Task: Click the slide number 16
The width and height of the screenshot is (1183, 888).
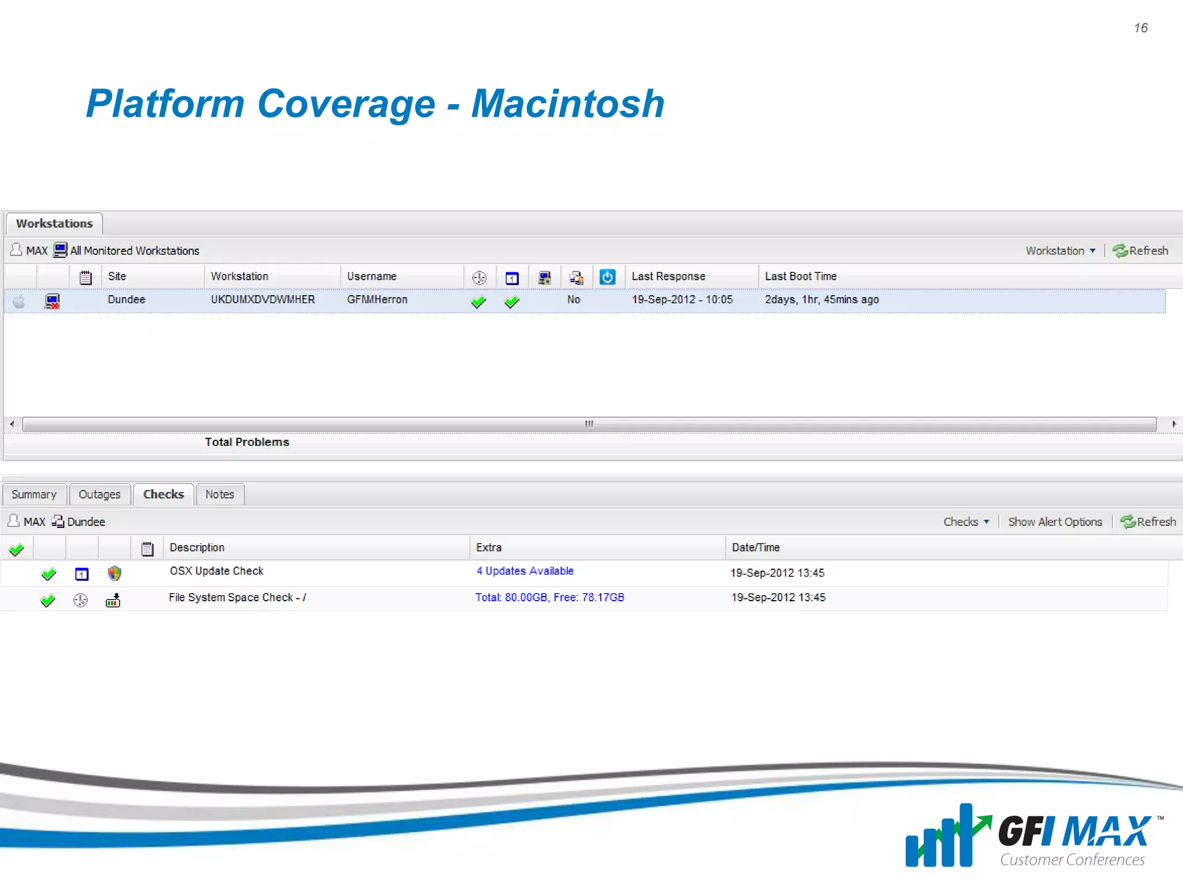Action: [1140, 28]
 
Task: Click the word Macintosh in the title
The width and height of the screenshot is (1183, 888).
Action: [568, 104]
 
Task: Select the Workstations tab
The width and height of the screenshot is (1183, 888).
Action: [54, 224]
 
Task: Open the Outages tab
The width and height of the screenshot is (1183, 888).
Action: [99, 495]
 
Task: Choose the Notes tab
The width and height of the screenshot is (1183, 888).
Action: [220, 495]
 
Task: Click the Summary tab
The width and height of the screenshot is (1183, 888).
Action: [34, 495]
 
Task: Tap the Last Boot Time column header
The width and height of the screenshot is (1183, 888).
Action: [801, 276]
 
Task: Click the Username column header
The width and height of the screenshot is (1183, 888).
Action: [371, 276]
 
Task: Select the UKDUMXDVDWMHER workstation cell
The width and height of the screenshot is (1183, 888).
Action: [263, 299]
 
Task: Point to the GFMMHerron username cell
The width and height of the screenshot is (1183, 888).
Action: [377, 299]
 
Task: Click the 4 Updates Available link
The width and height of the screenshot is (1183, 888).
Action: [524, 571]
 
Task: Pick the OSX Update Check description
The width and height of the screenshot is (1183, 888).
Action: [217, 571]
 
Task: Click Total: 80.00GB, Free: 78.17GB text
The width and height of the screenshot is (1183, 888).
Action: [549, 598]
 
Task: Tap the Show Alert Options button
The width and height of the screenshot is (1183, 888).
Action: [1055, 522]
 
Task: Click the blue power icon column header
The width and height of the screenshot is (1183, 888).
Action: [607, 277]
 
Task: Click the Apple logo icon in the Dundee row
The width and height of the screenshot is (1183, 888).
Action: [19, 301]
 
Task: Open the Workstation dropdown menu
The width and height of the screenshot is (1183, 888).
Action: [1060, 251]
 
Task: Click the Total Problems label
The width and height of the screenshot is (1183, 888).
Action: [247, 442]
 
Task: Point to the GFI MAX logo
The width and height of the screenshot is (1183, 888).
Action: [1034, 835]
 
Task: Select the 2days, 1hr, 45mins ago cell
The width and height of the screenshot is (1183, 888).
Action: [821, 299]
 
